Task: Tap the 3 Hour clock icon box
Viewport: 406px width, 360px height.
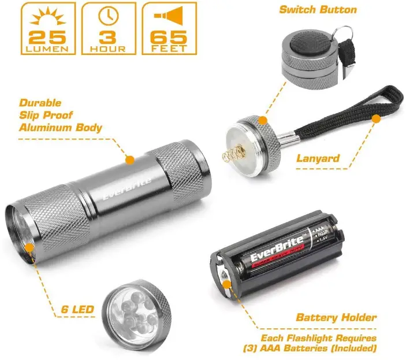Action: [108, 28]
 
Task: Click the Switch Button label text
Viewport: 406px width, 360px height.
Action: [318, 10]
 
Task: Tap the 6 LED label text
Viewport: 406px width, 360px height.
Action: [77, 310]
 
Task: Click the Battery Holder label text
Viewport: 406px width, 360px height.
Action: [336, 317]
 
